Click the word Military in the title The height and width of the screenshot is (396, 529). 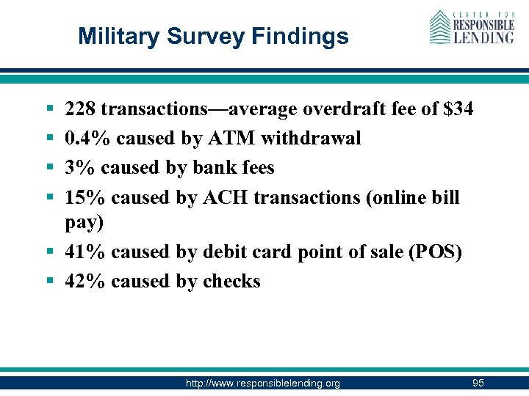coord(115,36)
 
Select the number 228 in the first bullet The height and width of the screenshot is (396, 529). coord(80,110)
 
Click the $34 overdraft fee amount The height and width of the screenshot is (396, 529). coord(458,110)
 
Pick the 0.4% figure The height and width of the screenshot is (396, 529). coord(88,139)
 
